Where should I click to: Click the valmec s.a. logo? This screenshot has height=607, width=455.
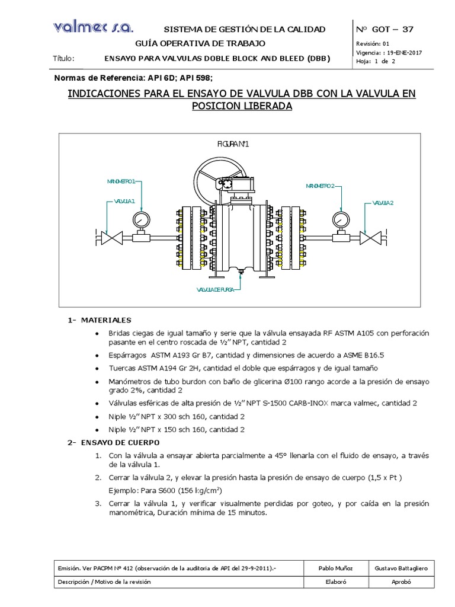[x=93, y=27]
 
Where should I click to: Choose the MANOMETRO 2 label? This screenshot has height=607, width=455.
[x=321, y=186]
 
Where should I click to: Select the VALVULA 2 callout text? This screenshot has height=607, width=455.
[x=383, y=202]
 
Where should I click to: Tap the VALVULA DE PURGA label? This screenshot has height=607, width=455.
[x=219, y=290]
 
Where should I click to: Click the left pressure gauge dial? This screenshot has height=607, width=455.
[x=141, y=220]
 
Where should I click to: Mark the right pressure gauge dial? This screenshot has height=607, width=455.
[x=340, y=220]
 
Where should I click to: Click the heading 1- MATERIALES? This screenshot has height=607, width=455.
[x=98, y=320]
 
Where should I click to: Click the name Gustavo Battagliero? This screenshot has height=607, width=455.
[x=402, y=568]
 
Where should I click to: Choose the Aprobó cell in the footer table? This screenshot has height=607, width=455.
[x=402, y=582]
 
